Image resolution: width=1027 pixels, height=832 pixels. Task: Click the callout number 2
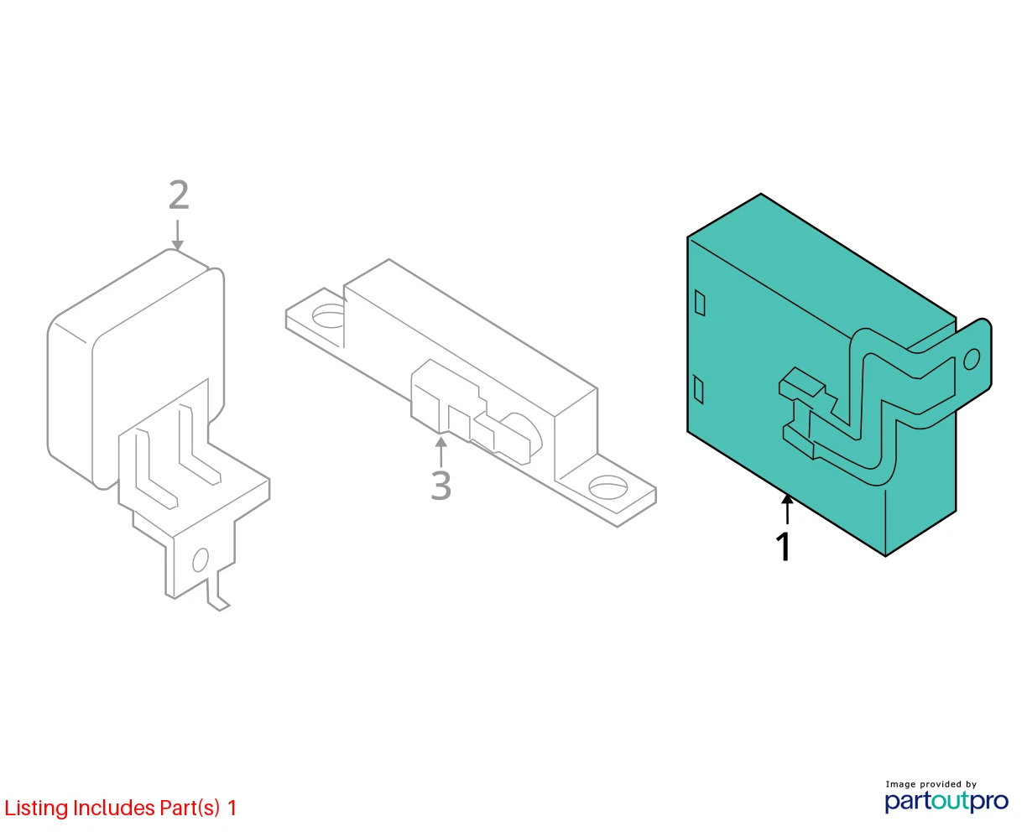click(x=179, y=195)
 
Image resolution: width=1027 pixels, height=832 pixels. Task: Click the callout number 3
click(x=441, y=485)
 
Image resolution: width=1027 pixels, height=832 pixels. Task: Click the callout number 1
click(x=784, y=546)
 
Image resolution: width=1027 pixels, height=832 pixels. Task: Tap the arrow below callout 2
click(x=177, y=235)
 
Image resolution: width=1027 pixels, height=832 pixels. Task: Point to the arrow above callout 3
click(x=441, y=452)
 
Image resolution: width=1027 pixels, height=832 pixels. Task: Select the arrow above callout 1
click(x=787, y=509)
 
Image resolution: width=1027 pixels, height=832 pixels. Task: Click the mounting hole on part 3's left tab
click(x=328, y=317)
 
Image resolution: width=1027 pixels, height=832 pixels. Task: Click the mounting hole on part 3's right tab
click(x=608, y=486)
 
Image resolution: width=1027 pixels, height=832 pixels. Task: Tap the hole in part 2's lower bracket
click(x=200, y=559)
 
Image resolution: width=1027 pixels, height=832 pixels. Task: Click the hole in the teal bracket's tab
click(x=971, y=359)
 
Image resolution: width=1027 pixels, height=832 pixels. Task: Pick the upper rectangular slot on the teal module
click(x=700, y=304)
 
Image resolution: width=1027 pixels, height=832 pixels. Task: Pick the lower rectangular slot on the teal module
click(x=698, y=390)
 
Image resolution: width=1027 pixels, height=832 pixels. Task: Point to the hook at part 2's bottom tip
click(x=218, y=602)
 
